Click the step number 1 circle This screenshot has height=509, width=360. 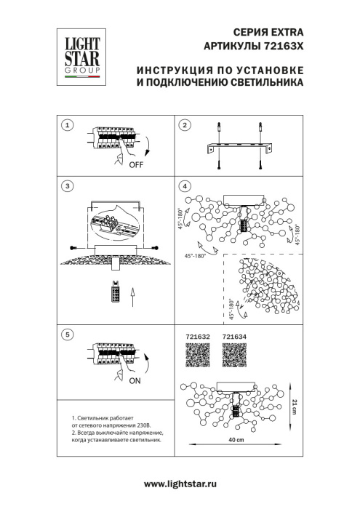coord(68,125)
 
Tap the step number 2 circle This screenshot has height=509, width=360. coord(185,125)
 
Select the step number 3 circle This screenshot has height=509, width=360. coord(68,186)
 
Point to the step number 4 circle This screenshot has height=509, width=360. coord(185,186)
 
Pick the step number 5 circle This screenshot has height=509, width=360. coord(68,334)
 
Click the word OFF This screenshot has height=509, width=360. coord(136,165)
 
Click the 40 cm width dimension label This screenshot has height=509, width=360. coord(234,442)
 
